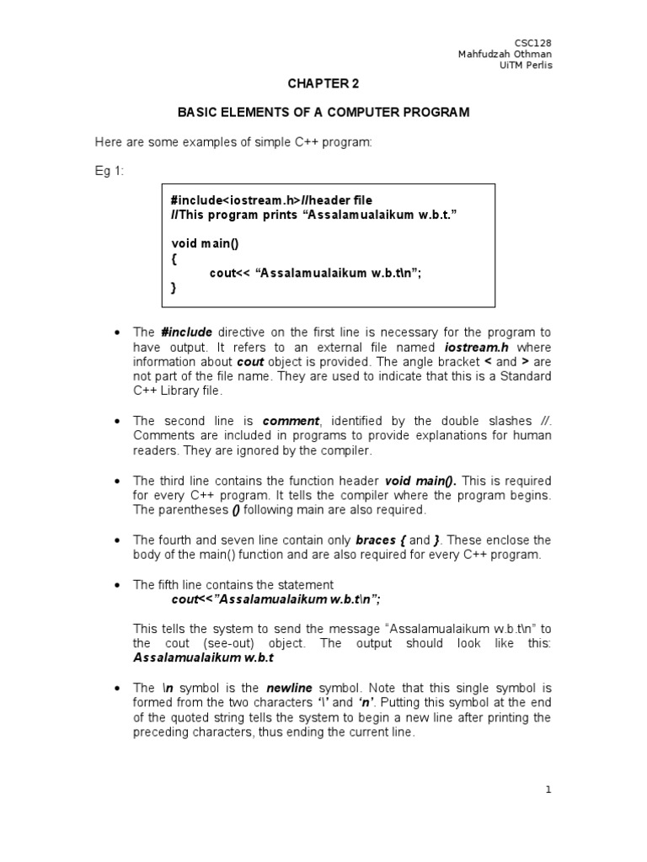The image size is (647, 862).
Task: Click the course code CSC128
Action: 533,43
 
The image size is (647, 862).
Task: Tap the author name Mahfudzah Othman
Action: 505,55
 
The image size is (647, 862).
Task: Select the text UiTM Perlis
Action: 527,67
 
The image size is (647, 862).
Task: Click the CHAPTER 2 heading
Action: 323,85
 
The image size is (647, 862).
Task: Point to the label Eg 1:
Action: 109,171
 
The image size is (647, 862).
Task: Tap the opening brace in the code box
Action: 174,258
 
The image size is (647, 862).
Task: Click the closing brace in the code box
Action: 174,288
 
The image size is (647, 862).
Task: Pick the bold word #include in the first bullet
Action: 185,333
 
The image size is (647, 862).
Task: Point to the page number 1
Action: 548,790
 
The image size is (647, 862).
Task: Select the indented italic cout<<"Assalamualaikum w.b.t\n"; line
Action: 276,599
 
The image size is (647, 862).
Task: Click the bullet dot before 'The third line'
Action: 115,481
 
